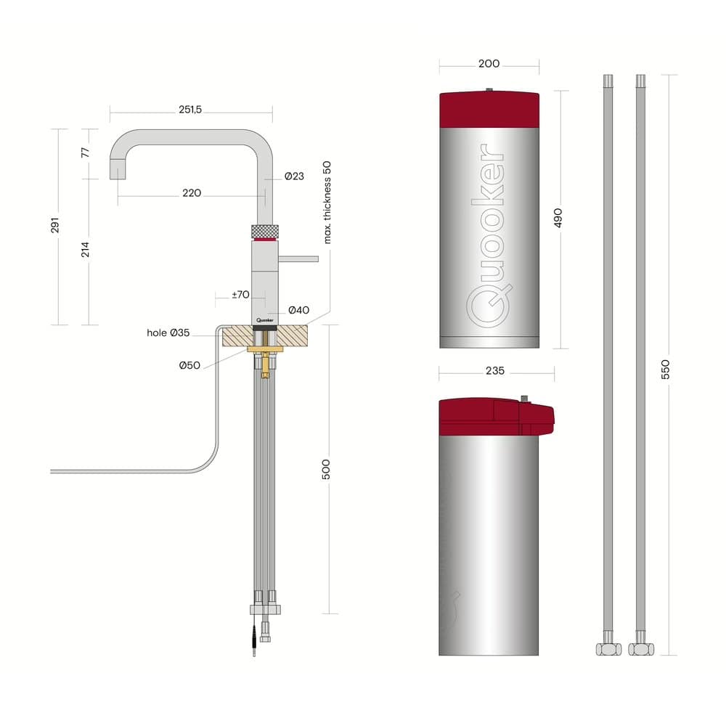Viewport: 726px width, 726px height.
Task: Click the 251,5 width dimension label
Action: [x=190, y=110]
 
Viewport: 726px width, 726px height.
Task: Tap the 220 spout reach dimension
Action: [x=192, y=193]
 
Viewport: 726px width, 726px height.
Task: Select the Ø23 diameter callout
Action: [x=295, y=176]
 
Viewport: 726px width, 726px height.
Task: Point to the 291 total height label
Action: [x=55, y=225]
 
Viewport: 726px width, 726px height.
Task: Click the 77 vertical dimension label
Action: [x=85, y=152]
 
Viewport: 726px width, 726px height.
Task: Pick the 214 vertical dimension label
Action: [x=85, y=250]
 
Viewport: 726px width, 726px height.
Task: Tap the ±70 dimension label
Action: [x=241, y=295]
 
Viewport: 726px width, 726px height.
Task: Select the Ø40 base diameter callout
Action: [x=298, y=310]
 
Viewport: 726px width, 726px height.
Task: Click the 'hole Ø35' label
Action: [x=168, y=333]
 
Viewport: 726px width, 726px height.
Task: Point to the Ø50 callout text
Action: [x=189, y=365]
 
